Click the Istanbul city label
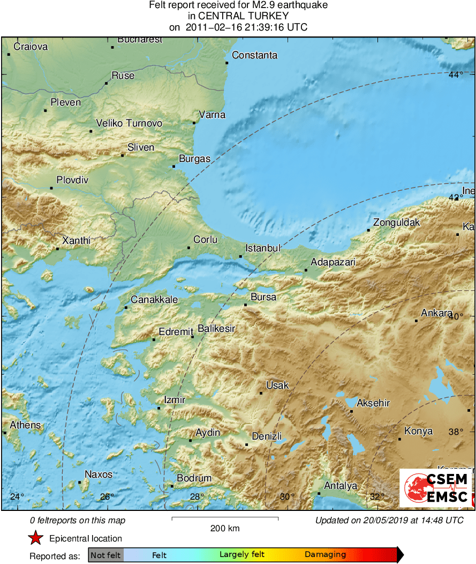pos(263,248)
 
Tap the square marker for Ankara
pos(416,321)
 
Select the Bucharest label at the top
pos(140,40)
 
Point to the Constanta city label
pos(254,55)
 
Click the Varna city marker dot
pos(194,123)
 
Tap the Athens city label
pos(25,425)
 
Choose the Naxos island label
pos(99,474)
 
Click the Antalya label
pos(341,486)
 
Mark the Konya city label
pos(418,431)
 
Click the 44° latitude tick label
pos(455,75)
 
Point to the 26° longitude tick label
pos(106,496)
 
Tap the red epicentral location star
pos(35,538)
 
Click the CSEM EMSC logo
pos(436,488)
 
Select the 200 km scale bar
pos(225,518)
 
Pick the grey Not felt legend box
pos(105,555)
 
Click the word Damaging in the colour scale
pos(326,555)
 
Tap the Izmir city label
pos(175,400)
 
